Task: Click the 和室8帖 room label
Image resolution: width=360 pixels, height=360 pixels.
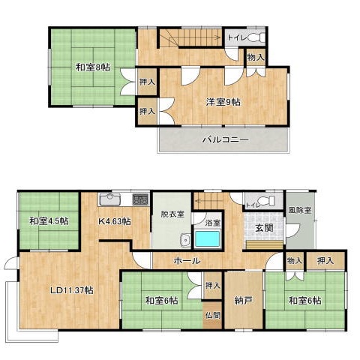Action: [x=93, y=67]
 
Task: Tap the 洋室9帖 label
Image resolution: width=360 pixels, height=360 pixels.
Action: [x=223, y=102]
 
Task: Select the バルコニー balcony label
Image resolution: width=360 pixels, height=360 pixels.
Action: [x=225, y=139]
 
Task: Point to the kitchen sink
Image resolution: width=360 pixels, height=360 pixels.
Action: [x=110, y=199]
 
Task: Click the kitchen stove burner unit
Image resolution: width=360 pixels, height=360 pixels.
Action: [x=141, y=199]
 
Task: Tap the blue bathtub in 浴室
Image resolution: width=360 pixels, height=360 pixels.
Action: [x=207, y=239]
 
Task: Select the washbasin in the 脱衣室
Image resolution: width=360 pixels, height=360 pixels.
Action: [x=185, y=240]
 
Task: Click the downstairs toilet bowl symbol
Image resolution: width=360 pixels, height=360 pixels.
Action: [x=265, y=200]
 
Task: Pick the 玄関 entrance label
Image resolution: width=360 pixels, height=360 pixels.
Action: [x=264, y=228]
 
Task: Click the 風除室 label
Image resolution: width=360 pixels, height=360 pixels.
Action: [x=300, y=210]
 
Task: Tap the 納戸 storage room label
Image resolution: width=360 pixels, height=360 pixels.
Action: [x=244, y=301]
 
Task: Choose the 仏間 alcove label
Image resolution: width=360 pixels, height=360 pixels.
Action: [x=213, y=315]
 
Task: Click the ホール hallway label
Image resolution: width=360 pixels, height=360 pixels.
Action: [x=187, y=260]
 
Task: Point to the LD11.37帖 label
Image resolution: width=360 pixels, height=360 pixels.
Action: [x=72, y=290]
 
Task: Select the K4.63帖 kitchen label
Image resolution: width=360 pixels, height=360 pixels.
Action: [x=114, y=221]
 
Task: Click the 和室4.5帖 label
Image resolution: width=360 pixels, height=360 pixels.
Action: [x=49, y=221]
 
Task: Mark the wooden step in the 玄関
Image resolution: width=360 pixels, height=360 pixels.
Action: [x=264, y=244]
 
